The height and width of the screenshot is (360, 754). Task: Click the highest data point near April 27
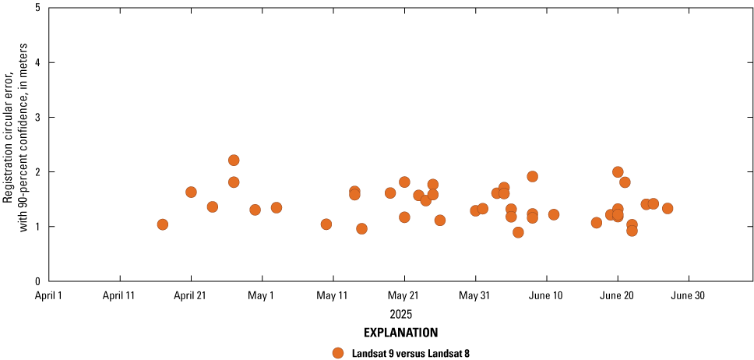click(x=234, y=161)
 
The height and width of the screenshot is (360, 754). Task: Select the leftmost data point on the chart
click(x=163, y=224)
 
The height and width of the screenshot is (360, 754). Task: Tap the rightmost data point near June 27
click(x=668, y=208)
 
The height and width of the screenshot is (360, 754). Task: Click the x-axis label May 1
click(x=262, y=296)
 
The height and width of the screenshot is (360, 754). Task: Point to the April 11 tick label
click(x=119, y=296)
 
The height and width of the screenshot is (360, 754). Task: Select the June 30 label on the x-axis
click(x=689, y=296)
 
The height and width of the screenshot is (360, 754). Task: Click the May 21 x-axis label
click(x=404, y=296)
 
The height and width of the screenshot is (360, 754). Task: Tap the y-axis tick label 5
click(x=38, y=8)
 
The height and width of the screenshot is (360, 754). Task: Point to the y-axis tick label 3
click(x=38, y=117)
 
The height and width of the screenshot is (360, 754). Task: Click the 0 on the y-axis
click(x=38, y=281)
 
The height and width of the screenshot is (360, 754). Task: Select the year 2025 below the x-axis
click(x=400, y=314)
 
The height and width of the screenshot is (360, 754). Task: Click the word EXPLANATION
click(x=400, y=333)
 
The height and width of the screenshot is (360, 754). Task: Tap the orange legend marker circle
click(x=338, y=352)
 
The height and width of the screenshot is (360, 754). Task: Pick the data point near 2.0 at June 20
click(x=618, y=172)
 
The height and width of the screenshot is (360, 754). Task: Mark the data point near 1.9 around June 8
click(x=533, y=176)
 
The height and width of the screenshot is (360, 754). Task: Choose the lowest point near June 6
click(x=518, y=232)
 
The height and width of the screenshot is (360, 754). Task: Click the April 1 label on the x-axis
click(x=48, y=296)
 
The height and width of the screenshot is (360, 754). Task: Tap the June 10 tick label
click(x=546, y=296)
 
